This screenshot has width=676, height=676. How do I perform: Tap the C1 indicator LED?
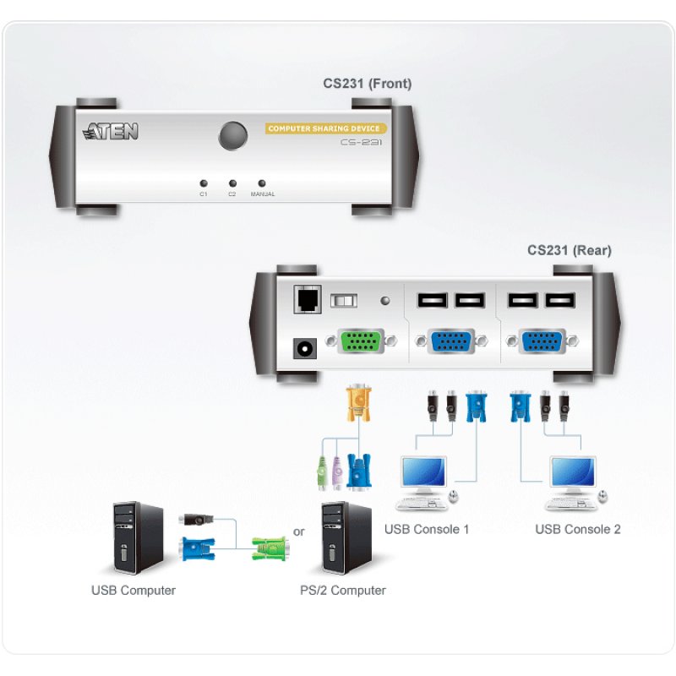tap(203, 183)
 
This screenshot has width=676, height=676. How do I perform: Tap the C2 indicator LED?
tap(232, 183)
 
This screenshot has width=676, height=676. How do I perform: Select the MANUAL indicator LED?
tap(262, 183)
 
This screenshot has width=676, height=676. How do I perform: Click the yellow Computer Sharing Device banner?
tap(326, 128)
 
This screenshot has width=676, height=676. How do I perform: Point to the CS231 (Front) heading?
tap(368, 84)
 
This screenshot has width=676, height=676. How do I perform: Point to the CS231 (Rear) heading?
tap(570, 250)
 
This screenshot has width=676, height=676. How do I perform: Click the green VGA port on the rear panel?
tap(359, 341)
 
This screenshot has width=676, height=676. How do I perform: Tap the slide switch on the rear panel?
tap(343, 301)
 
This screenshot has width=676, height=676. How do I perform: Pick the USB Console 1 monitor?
tap(425, 476)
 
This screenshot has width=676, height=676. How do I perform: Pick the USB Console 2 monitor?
tap(574, 476)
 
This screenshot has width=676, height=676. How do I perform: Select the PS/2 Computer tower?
tap(346, 537)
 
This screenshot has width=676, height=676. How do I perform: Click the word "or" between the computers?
tap(298, 532)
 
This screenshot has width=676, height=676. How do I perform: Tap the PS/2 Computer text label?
tap(342, 591)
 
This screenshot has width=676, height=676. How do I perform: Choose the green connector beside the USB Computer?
tap(270, 551)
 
